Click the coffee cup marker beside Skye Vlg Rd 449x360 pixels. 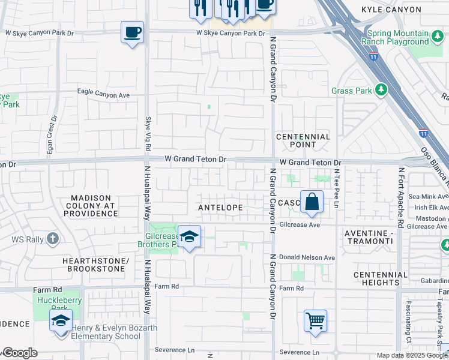(132, 32)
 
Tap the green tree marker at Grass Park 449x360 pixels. (380, 90)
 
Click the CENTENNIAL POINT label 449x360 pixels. (303, 140)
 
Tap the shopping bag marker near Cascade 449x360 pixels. (312, 203)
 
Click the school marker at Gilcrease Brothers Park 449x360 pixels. (189, 237)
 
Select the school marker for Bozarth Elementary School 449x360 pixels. (61, 321)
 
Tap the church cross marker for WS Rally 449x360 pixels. (53, 239)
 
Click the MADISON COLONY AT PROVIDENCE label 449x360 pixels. (91, 206)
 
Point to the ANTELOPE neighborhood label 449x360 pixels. (220, 208)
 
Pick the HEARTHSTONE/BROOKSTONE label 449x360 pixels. (96, 266)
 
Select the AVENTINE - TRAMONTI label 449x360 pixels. (369, 236)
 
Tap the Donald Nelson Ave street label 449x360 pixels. (307, 257)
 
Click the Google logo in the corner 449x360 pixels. (20, 353)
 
